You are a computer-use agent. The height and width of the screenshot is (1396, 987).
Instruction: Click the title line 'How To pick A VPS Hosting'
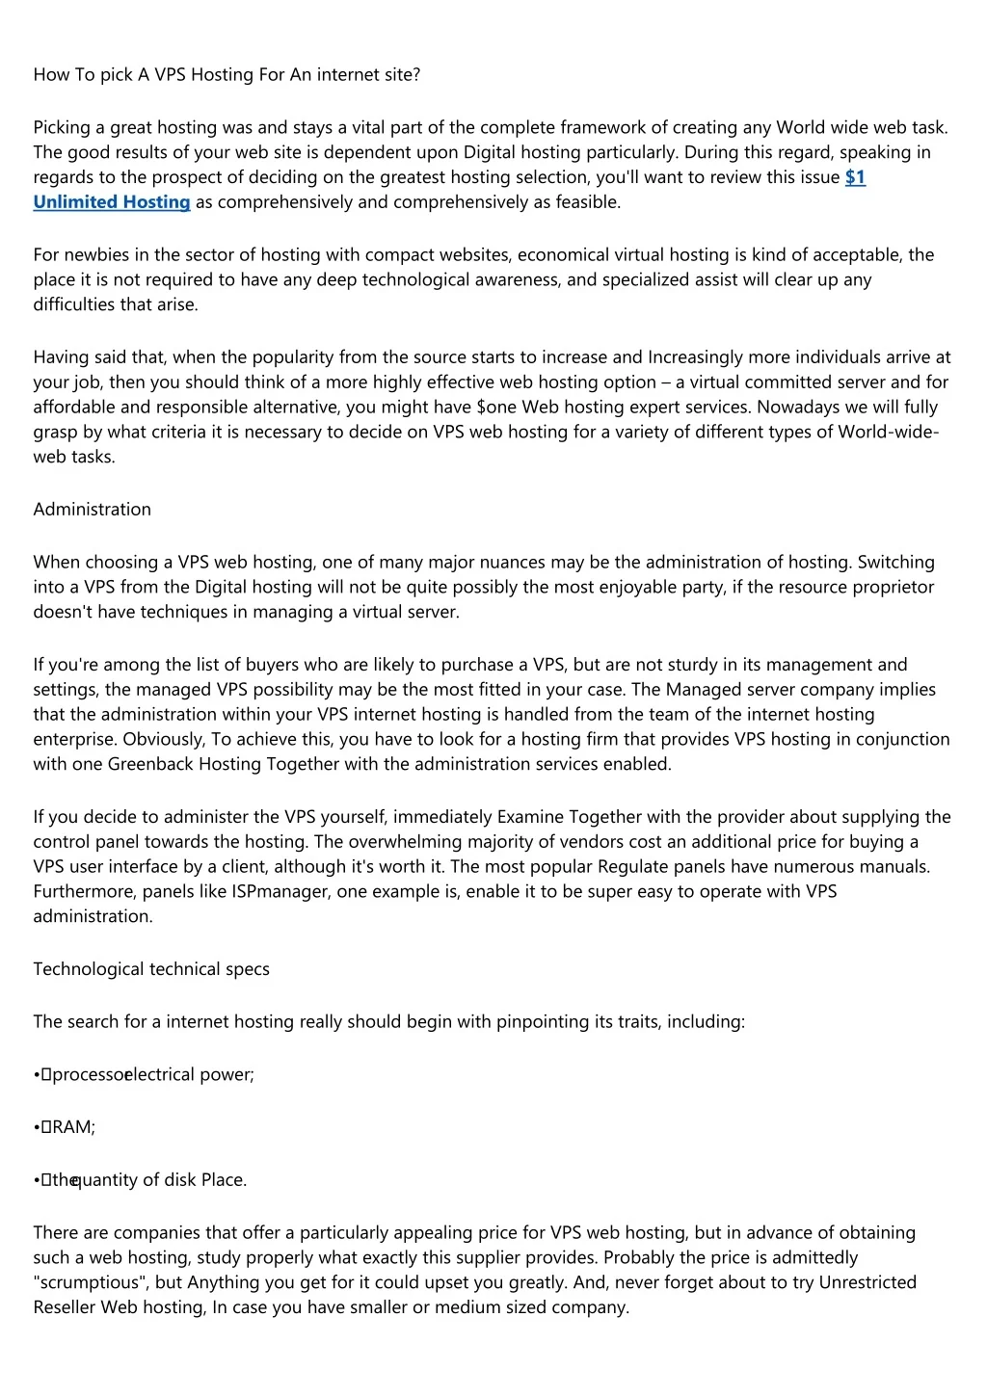(227, 74)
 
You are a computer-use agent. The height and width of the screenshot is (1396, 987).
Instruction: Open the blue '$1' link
(855, 177)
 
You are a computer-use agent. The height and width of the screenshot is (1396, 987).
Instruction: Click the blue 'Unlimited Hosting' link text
(112, 202)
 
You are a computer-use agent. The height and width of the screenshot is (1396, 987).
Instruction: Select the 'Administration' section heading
(93, 510)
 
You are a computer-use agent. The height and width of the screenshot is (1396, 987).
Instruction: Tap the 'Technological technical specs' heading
(151, 969)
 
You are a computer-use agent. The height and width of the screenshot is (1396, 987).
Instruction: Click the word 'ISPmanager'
(281, 891)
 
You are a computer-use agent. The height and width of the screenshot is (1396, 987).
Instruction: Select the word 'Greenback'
(150, 764)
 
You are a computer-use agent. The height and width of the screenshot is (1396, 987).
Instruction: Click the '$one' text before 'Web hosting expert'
(496, 408)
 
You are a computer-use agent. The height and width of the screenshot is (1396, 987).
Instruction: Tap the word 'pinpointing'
(541, 1022)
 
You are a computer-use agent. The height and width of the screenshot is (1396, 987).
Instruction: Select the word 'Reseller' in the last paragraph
(65, 1308)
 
